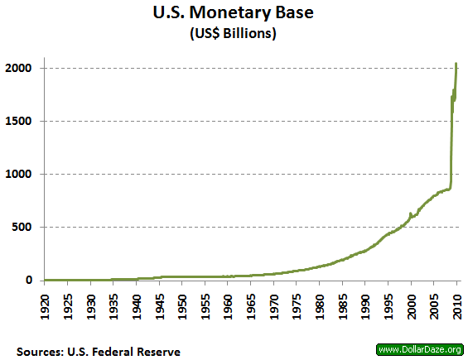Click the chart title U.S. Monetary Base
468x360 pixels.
(x=234, y=14)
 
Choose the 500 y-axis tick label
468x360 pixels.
(x=30, y=227)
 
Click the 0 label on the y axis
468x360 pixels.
(x=36, y=280)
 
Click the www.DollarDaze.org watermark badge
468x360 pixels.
(x=420, y=348)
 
